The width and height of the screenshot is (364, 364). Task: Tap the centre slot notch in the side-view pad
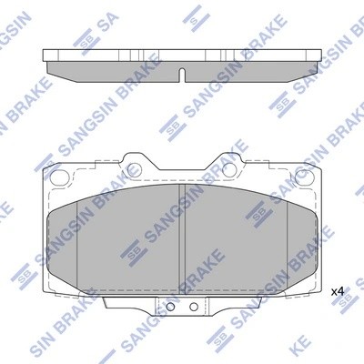click(181, 73)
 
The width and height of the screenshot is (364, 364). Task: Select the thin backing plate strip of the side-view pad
click(182, 52)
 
